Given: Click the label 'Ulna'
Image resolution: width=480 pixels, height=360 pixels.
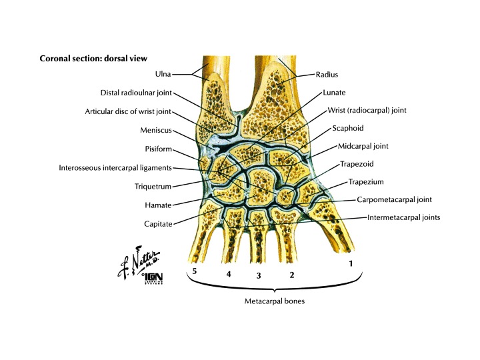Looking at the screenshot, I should click(177, 75).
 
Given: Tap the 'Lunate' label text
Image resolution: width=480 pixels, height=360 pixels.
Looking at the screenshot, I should click(333, 93).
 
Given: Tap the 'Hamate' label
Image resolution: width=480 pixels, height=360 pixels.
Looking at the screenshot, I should click(159, 205).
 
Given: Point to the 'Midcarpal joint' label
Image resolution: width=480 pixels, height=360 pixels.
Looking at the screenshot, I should click(363, 145).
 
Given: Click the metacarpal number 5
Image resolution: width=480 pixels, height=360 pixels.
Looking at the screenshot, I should click(195, 272).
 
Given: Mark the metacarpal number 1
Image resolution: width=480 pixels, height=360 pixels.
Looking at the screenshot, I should click(351, 264).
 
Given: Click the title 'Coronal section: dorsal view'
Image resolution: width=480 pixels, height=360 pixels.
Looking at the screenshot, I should click(93, 58).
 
